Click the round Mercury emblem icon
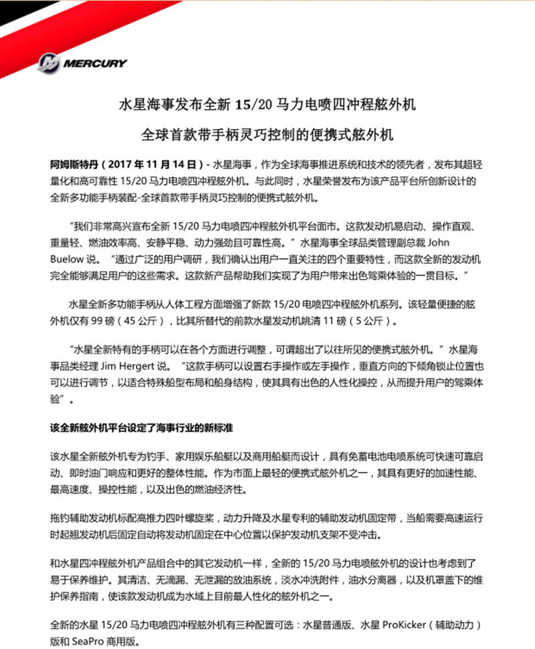(49, 63)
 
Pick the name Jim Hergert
(126, 366)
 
